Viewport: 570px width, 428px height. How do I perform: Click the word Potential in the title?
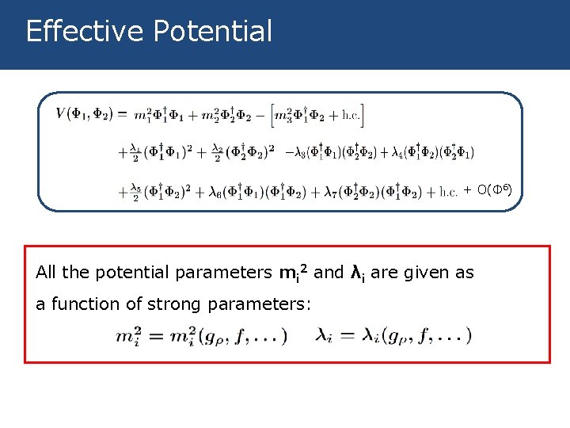[213, 32]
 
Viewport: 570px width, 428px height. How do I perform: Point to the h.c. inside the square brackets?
[350, 116]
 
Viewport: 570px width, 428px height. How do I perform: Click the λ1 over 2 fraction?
[135, 151]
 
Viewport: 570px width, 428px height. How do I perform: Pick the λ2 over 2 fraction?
[218, 151]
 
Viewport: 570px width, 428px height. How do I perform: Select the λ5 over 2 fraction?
[135, 191]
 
